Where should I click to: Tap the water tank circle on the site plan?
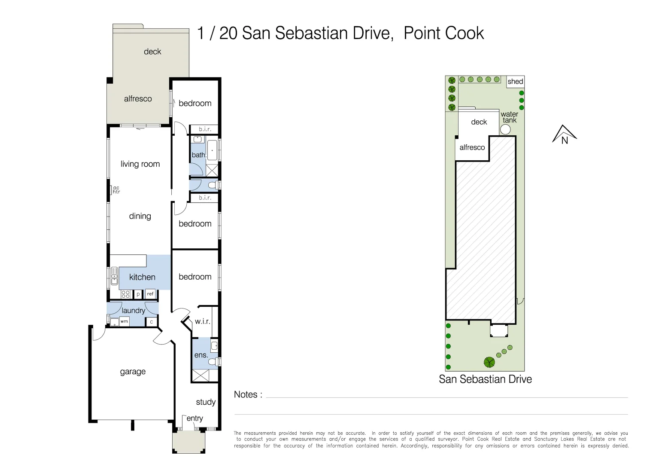(506, 129)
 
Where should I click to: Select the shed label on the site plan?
(515, 82)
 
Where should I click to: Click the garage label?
(133, 372)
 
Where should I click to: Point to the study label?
(206, 402)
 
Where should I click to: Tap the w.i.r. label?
(202, 321)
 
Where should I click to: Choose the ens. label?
(201, 355)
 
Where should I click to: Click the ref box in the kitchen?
(150, 294)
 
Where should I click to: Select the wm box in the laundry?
(124, 321)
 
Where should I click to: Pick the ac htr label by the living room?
(116, 190)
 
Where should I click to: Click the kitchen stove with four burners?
(125, 294)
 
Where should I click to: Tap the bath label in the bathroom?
(198, 155)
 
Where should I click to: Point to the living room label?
(140, 164)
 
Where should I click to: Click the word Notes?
(245, 395)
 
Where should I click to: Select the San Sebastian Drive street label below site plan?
(485, 379)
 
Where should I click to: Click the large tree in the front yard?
(489, 362)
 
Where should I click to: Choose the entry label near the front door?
(194, 418)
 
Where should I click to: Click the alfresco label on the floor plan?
(138, 99)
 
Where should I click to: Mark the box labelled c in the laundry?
(151, 322)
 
